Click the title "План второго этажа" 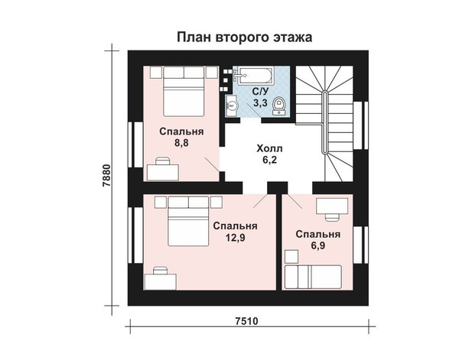245,37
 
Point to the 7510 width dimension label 247,321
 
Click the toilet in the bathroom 279,105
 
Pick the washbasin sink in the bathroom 232,105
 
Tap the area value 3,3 260,103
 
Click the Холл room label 269,148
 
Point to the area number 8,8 181,143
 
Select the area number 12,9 235,238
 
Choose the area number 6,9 318,245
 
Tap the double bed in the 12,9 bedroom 188,221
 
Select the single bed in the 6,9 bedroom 313,277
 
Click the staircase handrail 324,122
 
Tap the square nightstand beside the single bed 291,257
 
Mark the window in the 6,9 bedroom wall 360,245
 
